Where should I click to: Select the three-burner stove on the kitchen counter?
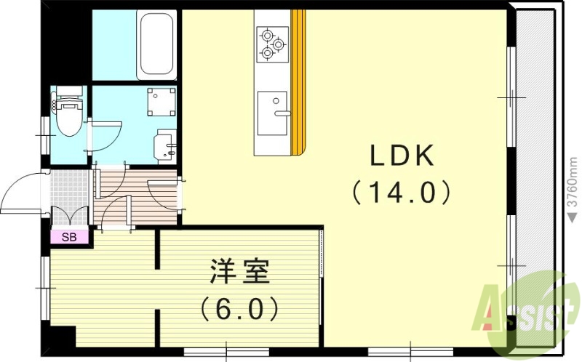pos(272,42)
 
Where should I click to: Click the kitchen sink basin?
pos(272,113)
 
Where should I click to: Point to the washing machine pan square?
pos(160,102)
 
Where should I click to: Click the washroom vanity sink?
pos(167,146)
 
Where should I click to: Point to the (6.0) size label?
pos(239,310)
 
